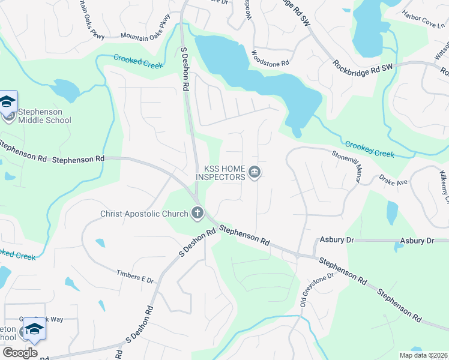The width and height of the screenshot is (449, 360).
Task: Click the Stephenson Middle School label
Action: [x=44, y=116]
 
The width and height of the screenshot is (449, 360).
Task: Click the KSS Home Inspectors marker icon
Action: [x=255, y=173]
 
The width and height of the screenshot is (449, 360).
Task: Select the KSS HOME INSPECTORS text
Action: [x=221, y=173]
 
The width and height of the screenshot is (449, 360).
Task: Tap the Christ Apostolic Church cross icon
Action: [x=197, y=212]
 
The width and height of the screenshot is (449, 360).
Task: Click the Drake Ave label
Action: [x=393, y=181]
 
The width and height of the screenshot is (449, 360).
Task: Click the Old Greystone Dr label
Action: [x=316, y=290]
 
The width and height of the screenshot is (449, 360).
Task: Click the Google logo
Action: [x=20, y=353]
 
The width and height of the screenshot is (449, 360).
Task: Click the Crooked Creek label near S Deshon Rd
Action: [x=138, y=61]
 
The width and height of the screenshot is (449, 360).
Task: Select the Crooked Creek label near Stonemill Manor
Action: [x=369, y=149]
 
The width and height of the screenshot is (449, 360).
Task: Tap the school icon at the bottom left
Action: [x=34, y=330]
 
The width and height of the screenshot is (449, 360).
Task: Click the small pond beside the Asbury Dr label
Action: [x=398, y=247]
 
